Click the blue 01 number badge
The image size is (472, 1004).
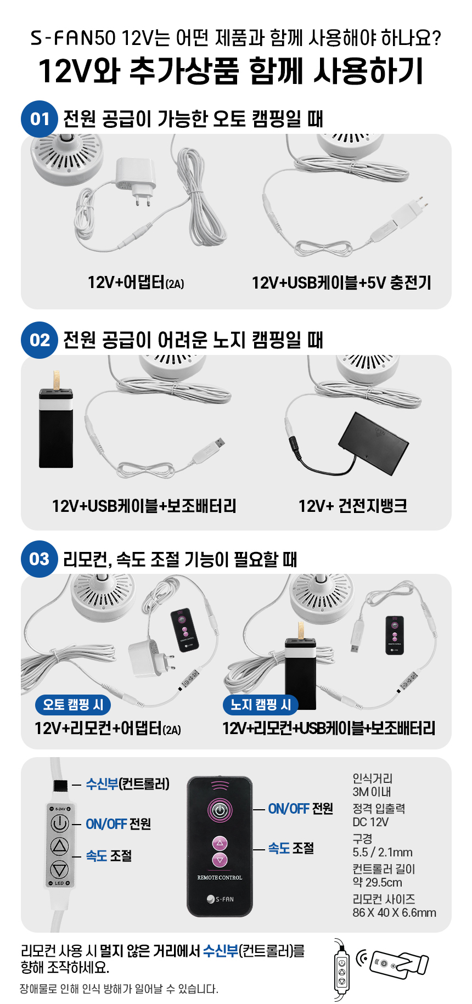tap(40, 119)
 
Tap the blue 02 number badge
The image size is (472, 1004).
tap(40, 340)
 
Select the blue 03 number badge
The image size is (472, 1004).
tap(40, 559)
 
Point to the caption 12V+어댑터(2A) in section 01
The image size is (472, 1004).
tap(136, 283)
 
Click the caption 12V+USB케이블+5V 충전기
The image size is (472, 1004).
tap(341, 283)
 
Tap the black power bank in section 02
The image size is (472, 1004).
tap(56, 425)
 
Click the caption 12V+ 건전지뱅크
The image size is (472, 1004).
tap(352, 505)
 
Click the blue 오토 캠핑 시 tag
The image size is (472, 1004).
tap(73, 704)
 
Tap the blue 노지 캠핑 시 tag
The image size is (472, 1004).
tap(261, 704)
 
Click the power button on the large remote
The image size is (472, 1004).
tap(220, 810)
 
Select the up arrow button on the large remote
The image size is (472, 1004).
tap(220, 843)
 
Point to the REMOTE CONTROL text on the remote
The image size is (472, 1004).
tap(220, 878)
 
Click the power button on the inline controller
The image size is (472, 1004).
tap(59, 823)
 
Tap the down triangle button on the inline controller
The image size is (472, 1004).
tap(59, 869)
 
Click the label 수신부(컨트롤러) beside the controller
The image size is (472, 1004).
tap(127, 784)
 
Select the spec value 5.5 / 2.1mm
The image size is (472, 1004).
tap(383, 852)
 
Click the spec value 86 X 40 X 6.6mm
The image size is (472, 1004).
tap(394, 912)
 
